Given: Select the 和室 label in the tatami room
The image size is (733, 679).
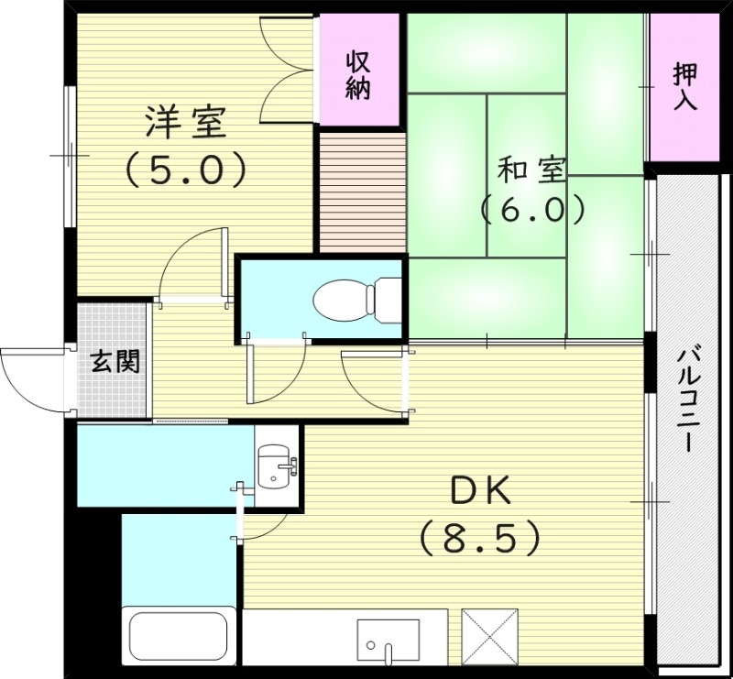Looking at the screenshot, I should [532, 170].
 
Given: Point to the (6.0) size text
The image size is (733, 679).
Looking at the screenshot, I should [532, 210].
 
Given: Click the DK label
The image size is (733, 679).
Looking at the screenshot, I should [479, 493].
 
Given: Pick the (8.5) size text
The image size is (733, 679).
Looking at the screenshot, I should [479, 538].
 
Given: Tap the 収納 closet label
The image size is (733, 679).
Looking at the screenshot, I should [358, 75].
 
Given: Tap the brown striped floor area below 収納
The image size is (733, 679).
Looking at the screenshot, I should [361, 192].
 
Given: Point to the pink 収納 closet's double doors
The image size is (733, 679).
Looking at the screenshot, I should [288, 69].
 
